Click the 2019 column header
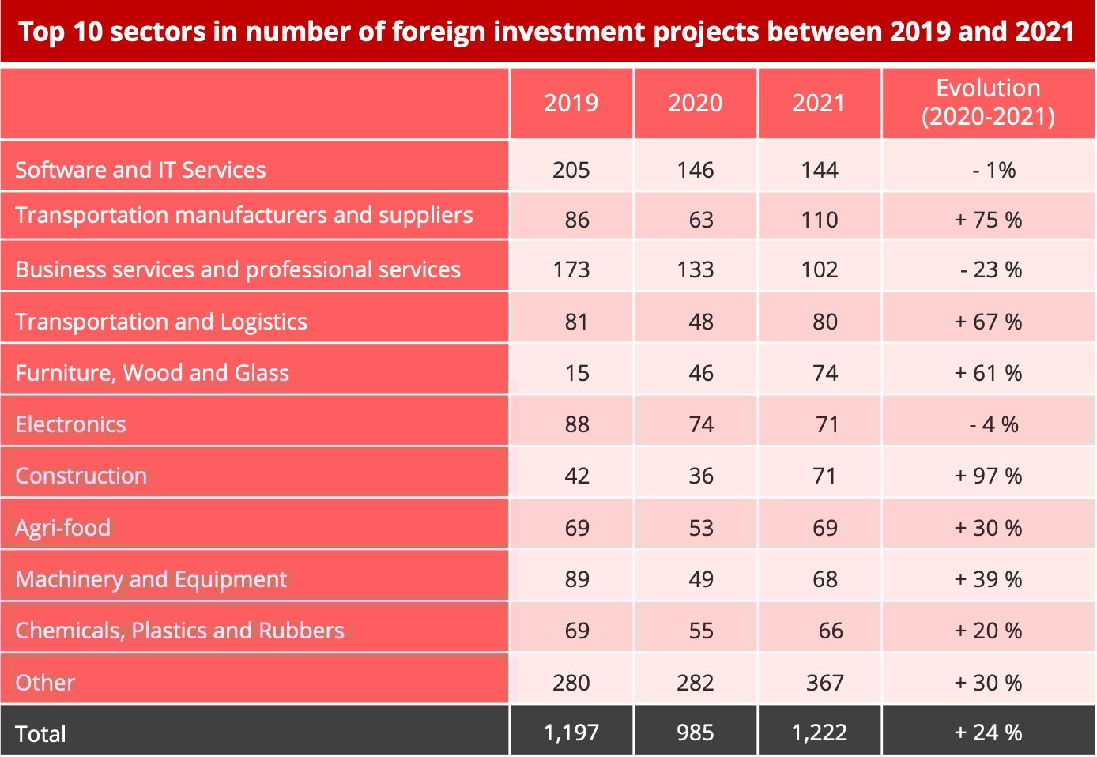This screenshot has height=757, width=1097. (571, 103)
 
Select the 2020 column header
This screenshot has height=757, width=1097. (695, 103)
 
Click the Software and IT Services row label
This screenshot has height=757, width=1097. (141, 170)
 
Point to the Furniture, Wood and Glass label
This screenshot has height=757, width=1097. (152, 373)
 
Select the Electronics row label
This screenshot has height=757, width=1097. (70, 424)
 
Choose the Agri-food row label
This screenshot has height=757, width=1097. (63, 528)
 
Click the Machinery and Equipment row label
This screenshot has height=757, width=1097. (151, 579)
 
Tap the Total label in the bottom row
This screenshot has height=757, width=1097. (40, 734)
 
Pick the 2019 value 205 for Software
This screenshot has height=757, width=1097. (571, 170)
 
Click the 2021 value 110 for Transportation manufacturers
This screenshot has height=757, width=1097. (819, 220)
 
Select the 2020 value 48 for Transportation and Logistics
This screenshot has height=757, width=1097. (700, 322)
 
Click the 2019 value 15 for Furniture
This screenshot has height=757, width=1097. (577, 373)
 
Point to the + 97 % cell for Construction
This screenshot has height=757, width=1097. (988, 476)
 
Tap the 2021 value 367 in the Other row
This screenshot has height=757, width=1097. (824, 683)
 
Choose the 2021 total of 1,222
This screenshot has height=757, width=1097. (819, 733)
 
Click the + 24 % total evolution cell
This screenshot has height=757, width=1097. (988, 733)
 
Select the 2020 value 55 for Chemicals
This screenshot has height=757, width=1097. (700, 631)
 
